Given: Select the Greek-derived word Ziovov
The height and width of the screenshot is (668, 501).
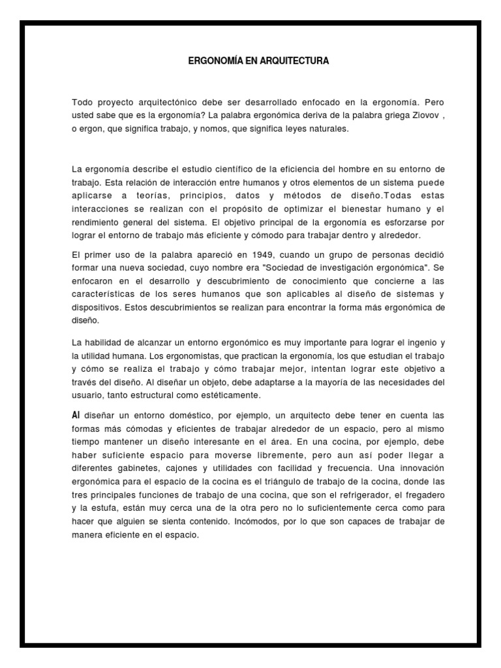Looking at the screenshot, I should coord(402,116).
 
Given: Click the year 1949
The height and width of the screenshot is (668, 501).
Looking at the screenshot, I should coord(235,253).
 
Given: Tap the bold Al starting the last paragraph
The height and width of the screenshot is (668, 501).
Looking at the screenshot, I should coord(76,415).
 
